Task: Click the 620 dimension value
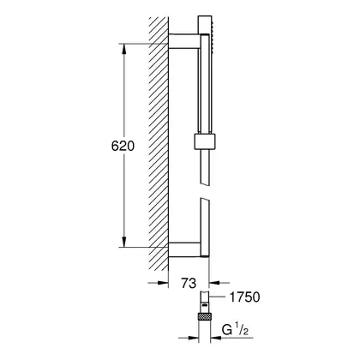tap(123, 146)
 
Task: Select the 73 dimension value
tap(189, 283)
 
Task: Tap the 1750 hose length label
tap(245, 297)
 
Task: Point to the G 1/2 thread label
tap(235, 331)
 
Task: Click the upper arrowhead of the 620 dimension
tap(123, 49)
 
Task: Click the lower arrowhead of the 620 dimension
tap(123, 242)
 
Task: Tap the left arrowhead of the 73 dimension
tap(163, 283)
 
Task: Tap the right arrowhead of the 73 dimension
tap(214, 283)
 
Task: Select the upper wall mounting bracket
tap(183, 41)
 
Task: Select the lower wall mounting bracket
tap(185, 249)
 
